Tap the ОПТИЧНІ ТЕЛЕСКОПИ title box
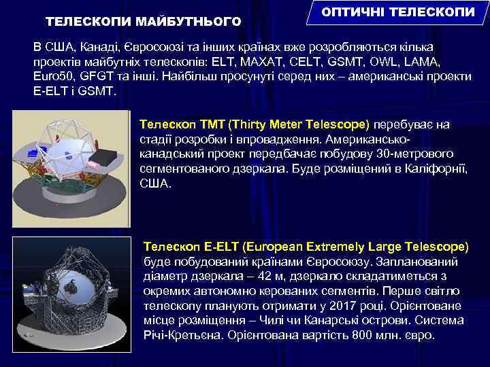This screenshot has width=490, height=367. (x=399, y=14)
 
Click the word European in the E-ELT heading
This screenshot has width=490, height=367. (x=278, y=245)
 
